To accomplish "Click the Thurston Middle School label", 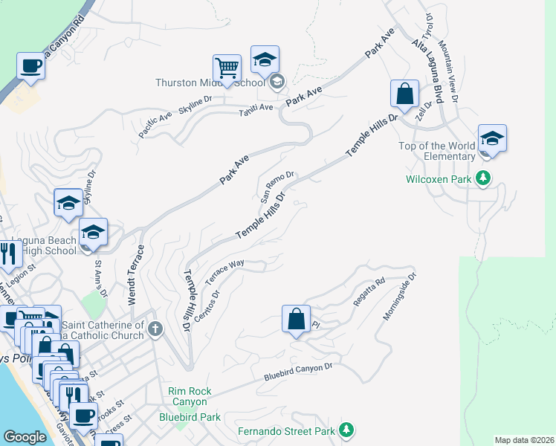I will point(210,83).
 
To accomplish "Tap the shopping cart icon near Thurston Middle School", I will point(227,68).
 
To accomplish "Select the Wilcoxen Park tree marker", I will point(483,178).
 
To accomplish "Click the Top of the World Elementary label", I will point(437,151).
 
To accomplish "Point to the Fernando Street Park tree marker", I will point(345,430).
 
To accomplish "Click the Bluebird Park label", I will point(190,417).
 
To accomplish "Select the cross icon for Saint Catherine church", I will point(155,329).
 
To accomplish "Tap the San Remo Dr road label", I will point(277,187).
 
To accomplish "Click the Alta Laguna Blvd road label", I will point(427,71).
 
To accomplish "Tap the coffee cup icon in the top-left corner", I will point(30,66).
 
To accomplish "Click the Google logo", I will point(25,437).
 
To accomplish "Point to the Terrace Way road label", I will point(225,271).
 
